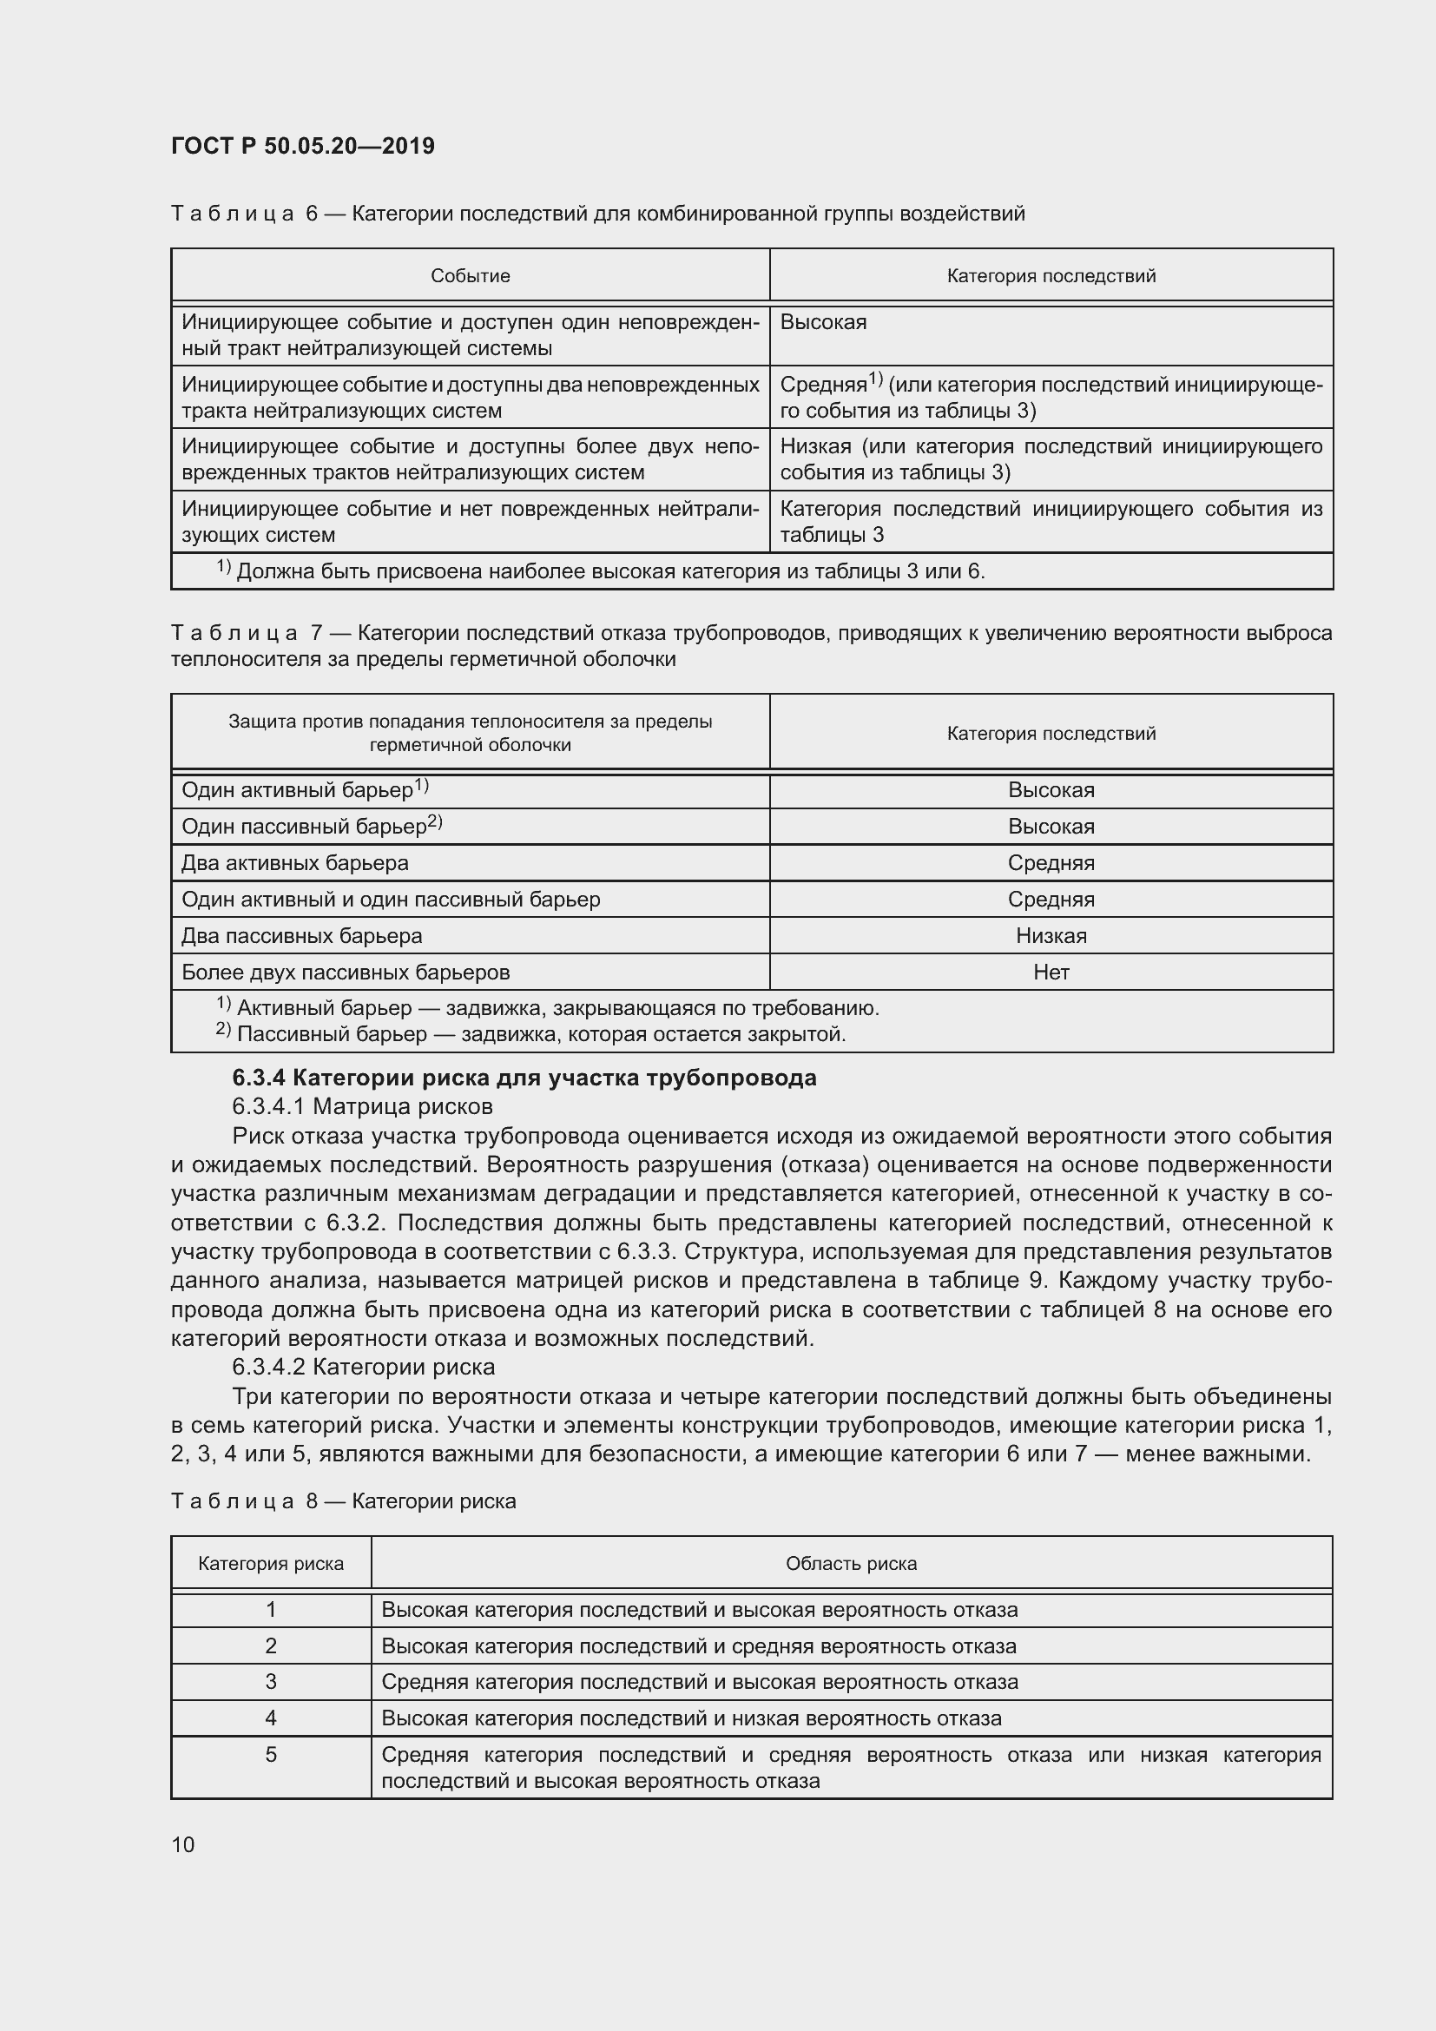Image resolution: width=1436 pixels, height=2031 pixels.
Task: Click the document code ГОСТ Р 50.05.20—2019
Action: coord(302,146)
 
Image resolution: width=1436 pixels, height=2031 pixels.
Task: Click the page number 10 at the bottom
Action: coord(183,1844)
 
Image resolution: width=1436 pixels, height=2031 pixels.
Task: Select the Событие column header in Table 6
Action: coord(470,276)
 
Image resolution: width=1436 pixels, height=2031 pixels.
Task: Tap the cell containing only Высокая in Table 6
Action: coord(823,322)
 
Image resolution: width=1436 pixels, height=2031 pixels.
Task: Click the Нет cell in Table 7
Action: coord(1051,973)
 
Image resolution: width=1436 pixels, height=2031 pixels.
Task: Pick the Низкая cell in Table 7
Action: coord(1051,936)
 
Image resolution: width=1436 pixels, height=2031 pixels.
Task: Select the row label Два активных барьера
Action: coord(294,862)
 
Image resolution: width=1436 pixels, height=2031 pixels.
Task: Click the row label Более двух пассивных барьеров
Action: coord(346,973)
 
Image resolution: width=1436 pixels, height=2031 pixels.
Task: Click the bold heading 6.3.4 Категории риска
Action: coord(524,1078)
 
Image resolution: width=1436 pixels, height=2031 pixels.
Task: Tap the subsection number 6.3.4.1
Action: coord(269,1106)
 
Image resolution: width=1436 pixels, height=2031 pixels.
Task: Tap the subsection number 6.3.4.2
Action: coord(269,1367)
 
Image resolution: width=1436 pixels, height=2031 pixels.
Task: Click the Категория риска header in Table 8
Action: coord(271,1564)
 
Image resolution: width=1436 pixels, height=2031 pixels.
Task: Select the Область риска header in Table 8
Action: coord(851,1564)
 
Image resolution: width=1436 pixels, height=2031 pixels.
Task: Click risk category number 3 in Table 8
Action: coord(271,1682)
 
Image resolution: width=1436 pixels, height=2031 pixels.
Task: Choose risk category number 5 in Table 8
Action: coord(271,1754)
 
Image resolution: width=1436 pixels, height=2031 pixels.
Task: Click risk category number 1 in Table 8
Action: coord(271,1609)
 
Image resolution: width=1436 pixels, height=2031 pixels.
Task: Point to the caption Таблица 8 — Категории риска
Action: coord(343,1501)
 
